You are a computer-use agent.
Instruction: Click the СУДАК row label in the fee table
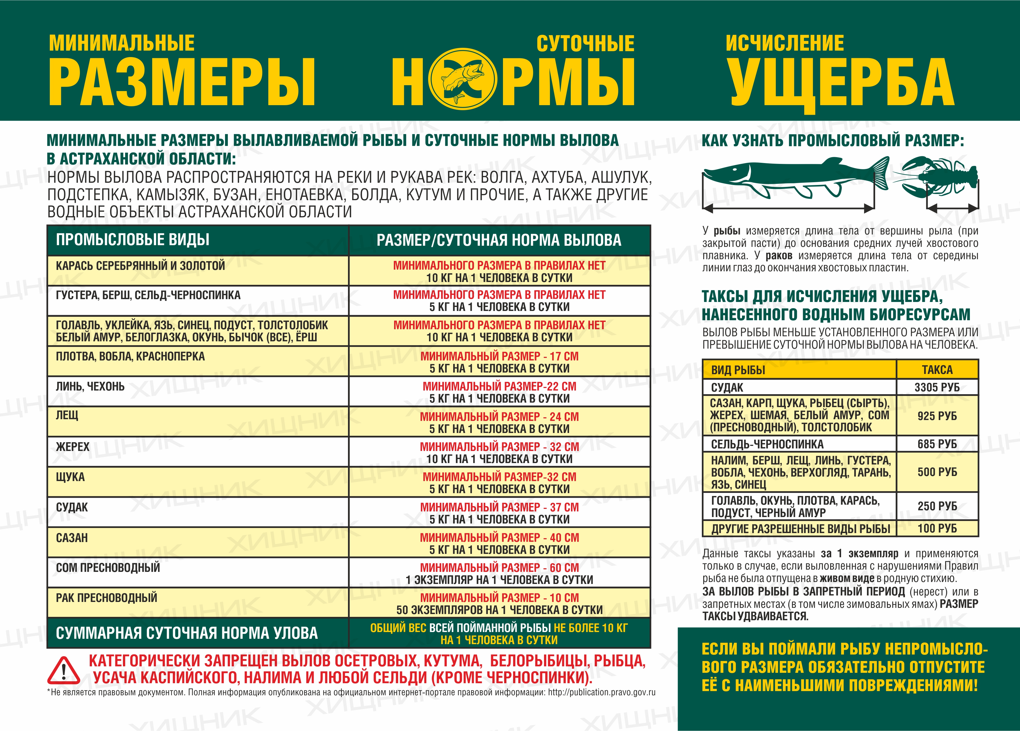click(x=727, y=387)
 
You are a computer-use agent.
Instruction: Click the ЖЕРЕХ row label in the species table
click(x=73, y=447)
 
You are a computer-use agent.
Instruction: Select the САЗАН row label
click(x=72, y=538)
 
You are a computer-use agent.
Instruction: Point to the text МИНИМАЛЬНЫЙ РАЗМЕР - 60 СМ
click(x=499, y=567)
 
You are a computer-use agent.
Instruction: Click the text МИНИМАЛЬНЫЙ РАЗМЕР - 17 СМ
click(x=499, y=356)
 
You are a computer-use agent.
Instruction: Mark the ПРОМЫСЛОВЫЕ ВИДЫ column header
click(x=133, y=240)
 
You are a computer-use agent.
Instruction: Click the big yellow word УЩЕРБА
click(x=841, y=83)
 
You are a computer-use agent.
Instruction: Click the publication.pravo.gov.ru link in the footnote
click(x=601, y=692)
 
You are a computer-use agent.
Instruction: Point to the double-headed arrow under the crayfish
click(x=952, y=208)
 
